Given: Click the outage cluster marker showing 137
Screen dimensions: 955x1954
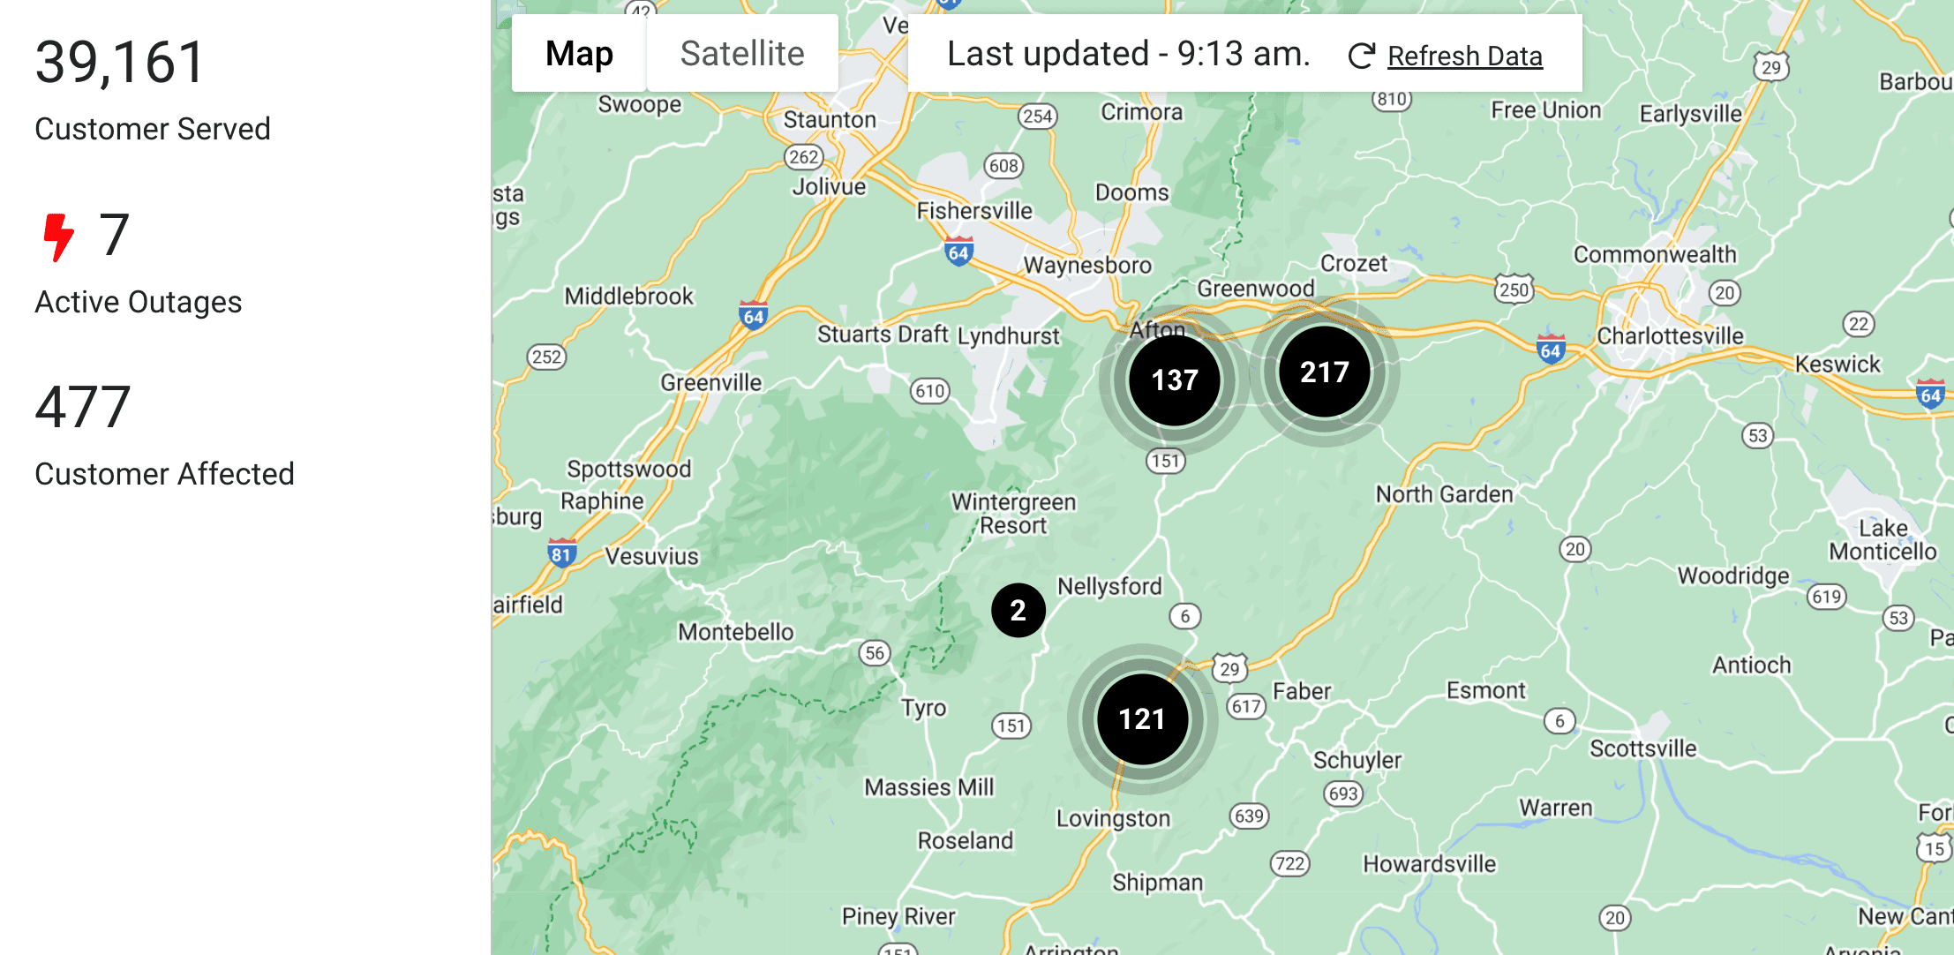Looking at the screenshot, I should point(1175,380).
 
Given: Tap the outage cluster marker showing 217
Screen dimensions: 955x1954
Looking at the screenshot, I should point(1325,372).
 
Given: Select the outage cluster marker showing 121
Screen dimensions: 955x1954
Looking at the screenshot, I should point(1142,718).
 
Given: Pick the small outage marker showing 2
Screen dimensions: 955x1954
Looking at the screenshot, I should point(1018,610).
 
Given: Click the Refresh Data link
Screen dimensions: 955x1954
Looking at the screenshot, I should point(1464,56).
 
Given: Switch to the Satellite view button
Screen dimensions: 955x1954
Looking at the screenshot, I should point(742,53).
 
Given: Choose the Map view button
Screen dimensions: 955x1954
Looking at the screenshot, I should point(579,53).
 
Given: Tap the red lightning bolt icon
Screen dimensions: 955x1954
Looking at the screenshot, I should point(58,237).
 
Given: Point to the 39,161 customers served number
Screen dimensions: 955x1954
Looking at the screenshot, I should point(120,63).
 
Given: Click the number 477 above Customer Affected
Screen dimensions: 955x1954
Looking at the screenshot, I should point(83,407).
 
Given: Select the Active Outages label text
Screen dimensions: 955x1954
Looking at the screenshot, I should point(138,302).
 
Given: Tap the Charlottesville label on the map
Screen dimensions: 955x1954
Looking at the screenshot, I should point(1670,335).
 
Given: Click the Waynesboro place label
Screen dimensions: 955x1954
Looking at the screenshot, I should point(1087,265).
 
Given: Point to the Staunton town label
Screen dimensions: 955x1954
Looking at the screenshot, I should point(830,119).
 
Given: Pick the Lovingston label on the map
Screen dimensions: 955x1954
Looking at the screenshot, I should point(1113,818).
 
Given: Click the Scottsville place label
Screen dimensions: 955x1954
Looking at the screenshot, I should point(1642,748).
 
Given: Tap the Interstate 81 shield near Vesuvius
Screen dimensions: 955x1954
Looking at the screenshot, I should point(561,553).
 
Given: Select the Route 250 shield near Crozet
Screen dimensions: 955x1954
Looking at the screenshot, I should point(1514,289).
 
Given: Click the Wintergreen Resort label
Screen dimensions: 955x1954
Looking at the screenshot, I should point(1013,513).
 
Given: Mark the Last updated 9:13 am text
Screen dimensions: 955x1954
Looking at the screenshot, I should point(1128,54).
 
